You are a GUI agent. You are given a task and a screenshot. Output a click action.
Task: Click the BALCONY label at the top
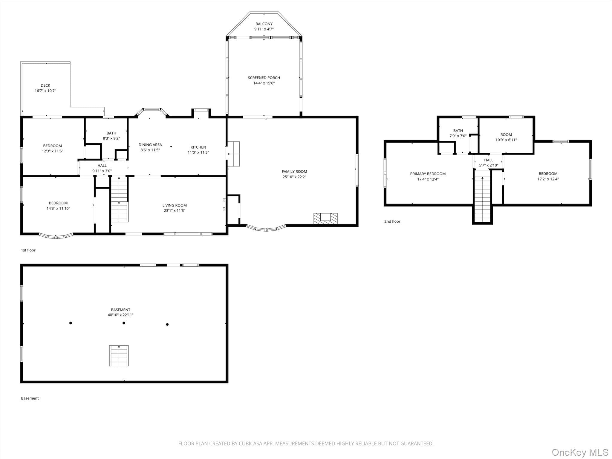coord(264,24)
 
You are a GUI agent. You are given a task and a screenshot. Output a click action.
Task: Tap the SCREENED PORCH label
coord(264,78)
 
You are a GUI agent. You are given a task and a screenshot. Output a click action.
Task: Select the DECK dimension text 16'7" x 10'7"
coord(45,91)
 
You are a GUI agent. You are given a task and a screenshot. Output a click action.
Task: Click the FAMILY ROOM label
coord(294,172)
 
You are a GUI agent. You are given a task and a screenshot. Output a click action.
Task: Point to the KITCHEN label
coord(198,147)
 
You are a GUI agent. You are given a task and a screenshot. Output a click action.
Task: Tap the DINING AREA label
coord(150,145)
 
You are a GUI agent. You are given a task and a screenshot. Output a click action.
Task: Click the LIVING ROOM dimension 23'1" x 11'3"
coord(175,211)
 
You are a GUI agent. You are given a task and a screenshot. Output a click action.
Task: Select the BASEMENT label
coord(121,310)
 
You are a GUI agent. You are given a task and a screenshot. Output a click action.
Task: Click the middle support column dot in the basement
coord(124,323)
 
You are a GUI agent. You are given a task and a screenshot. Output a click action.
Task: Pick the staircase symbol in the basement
coord(119,356)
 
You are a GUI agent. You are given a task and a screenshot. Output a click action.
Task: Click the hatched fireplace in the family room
coord(325,218)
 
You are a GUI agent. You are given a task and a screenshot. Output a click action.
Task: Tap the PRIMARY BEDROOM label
coord(428,174)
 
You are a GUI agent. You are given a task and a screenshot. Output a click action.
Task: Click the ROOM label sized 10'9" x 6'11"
coord(506,135)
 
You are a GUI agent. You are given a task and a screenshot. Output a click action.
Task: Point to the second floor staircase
coord(482,199)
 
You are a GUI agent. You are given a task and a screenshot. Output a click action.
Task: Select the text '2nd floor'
coord(392,221)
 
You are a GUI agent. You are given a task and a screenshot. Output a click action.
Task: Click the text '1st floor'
coord(28,250)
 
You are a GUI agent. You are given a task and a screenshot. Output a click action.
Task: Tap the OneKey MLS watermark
coord(580,452)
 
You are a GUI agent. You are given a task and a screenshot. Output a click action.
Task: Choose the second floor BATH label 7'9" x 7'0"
coord(458,131)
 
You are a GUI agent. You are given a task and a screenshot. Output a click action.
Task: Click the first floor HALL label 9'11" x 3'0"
coord(102,166)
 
